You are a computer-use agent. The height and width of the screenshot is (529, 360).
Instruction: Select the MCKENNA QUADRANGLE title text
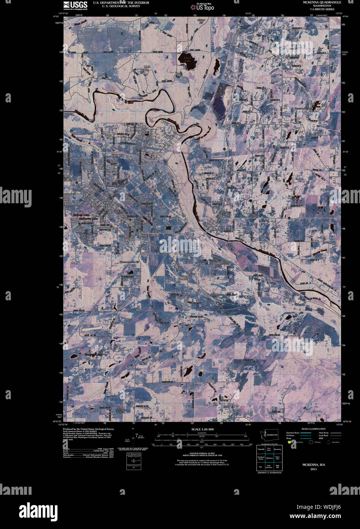[x=322, y=2]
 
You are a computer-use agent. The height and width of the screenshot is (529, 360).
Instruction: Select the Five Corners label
[x=150, y=236]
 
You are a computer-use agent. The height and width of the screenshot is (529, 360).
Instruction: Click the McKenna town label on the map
[x=220, y=230]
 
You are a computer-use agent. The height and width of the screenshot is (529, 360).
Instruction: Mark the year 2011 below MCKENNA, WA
[x=313, y=469]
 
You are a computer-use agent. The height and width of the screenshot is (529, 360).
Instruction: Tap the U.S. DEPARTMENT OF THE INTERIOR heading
[x=116, y=2]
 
